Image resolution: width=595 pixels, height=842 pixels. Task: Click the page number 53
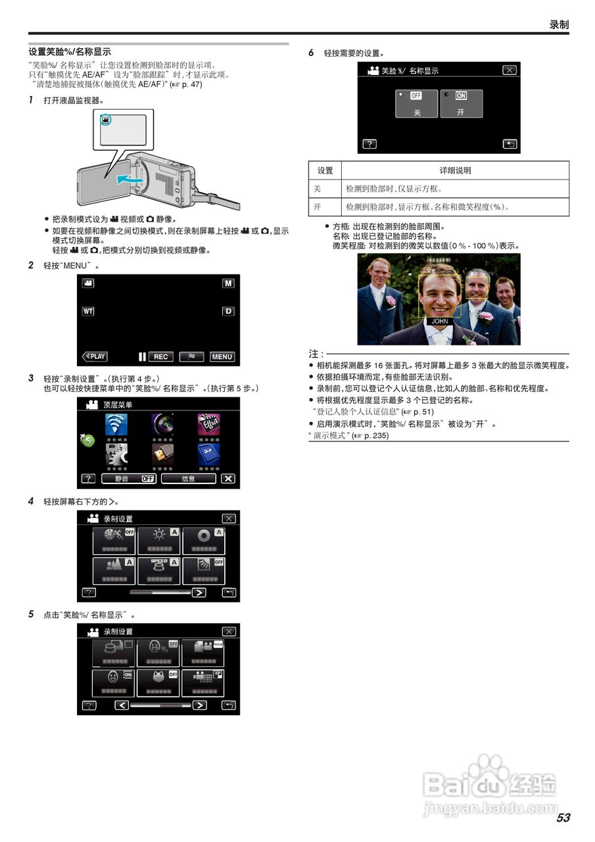563,818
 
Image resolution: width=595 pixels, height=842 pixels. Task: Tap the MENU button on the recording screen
222,357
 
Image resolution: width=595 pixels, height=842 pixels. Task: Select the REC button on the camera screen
160,357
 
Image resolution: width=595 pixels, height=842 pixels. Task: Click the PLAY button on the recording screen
95,357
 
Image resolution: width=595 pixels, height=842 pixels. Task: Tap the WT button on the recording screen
88,310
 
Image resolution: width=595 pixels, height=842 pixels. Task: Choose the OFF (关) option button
416,104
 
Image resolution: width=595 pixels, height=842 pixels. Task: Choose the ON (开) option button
461,104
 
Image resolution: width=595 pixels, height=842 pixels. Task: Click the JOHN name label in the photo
440,322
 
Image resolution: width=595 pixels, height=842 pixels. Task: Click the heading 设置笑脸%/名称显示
70,51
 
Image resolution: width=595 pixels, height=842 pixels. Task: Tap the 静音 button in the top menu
128,478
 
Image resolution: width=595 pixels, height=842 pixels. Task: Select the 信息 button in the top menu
188,478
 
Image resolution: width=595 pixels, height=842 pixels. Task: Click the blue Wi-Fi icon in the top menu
116,424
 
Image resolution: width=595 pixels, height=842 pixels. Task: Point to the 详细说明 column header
455,170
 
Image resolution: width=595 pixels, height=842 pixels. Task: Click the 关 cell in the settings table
325,189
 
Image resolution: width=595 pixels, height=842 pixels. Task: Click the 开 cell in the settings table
325,207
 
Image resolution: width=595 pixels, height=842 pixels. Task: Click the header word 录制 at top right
559,24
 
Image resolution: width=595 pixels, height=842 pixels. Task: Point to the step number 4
31,501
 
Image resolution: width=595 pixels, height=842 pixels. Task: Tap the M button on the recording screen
228,283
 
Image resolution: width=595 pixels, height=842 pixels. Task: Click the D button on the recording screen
228,310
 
